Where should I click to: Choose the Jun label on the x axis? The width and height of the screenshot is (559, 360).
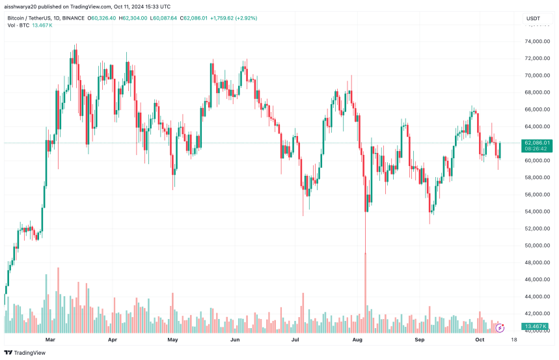click(x=235, y=339)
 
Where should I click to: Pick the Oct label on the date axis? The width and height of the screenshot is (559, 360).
click(x=480, y=339)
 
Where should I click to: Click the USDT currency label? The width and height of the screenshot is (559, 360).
click(x=533, y=18)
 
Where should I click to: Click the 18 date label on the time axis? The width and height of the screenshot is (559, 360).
click(x=513, y=339)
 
